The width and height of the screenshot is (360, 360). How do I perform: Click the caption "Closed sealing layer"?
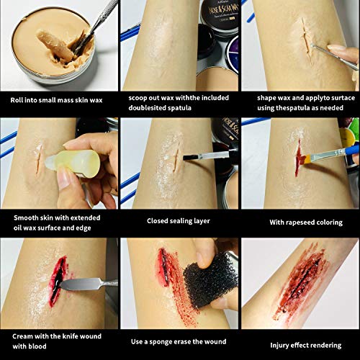click(x=179, y=221)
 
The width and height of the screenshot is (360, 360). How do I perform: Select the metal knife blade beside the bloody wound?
click(x=81, y=284)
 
